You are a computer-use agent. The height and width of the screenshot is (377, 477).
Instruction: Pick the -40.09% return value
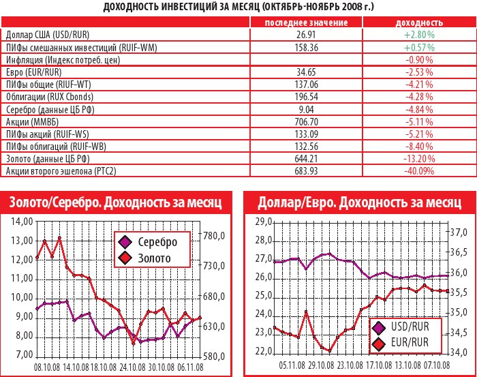pos(419,171)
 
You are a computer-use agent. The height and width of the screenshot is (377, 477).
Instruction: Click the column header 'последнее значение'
pos(305,22)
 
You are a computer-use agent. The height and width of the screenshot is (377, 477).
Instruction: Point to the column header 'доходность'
pos(418,22)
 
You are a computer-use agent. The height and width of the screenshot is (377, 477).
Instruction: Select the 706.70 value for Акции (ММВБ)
pos(305,121)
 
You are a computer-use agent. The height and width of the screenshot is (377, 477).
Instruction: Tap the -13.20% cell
pos(419,159)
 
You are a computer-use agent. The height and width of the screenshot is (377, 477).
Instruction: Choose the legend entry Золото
pos(153,258)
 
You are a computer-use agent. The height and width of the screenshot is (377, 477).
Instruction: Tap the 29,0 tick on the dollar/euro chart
pos(263,222)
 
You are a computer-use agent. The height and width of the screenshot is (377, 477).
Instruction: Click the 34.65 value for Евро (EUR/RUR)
pos(305,72)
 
